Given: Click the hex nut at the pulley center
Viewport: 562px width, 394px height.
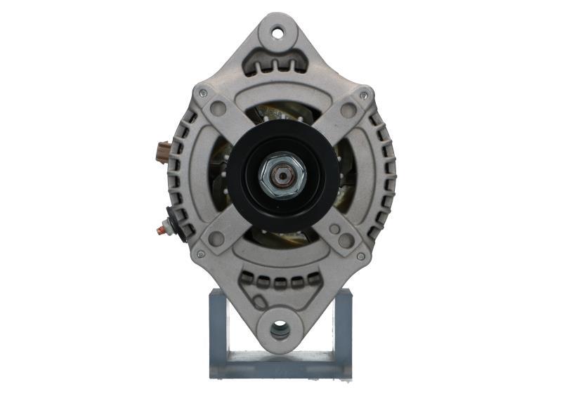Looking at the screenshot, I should point(281,175).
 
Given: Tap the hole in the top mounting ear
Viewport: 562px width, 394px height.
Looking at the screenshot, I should point(277,32).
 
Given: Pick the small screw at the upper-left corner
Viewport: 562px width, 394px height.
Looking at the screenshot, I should point(202,92).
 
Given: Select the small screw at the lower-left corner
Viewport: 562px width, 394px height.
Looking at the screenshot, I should point(202,254).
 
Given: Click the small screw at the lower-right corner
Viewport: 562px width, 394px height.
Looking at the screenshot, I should point(360,256).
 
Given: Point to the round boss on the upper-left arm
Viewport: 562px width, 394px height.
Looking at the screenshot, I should point(218,108).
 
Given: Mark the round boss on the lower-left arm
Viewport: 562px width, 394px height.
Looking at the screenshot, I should point(216,239).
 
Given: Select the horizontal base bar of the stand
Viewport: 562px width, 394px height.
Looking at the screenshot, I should point(280,365).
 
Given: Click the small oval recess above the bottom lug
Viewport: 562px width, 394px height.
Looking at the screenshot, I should point(263,302).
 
